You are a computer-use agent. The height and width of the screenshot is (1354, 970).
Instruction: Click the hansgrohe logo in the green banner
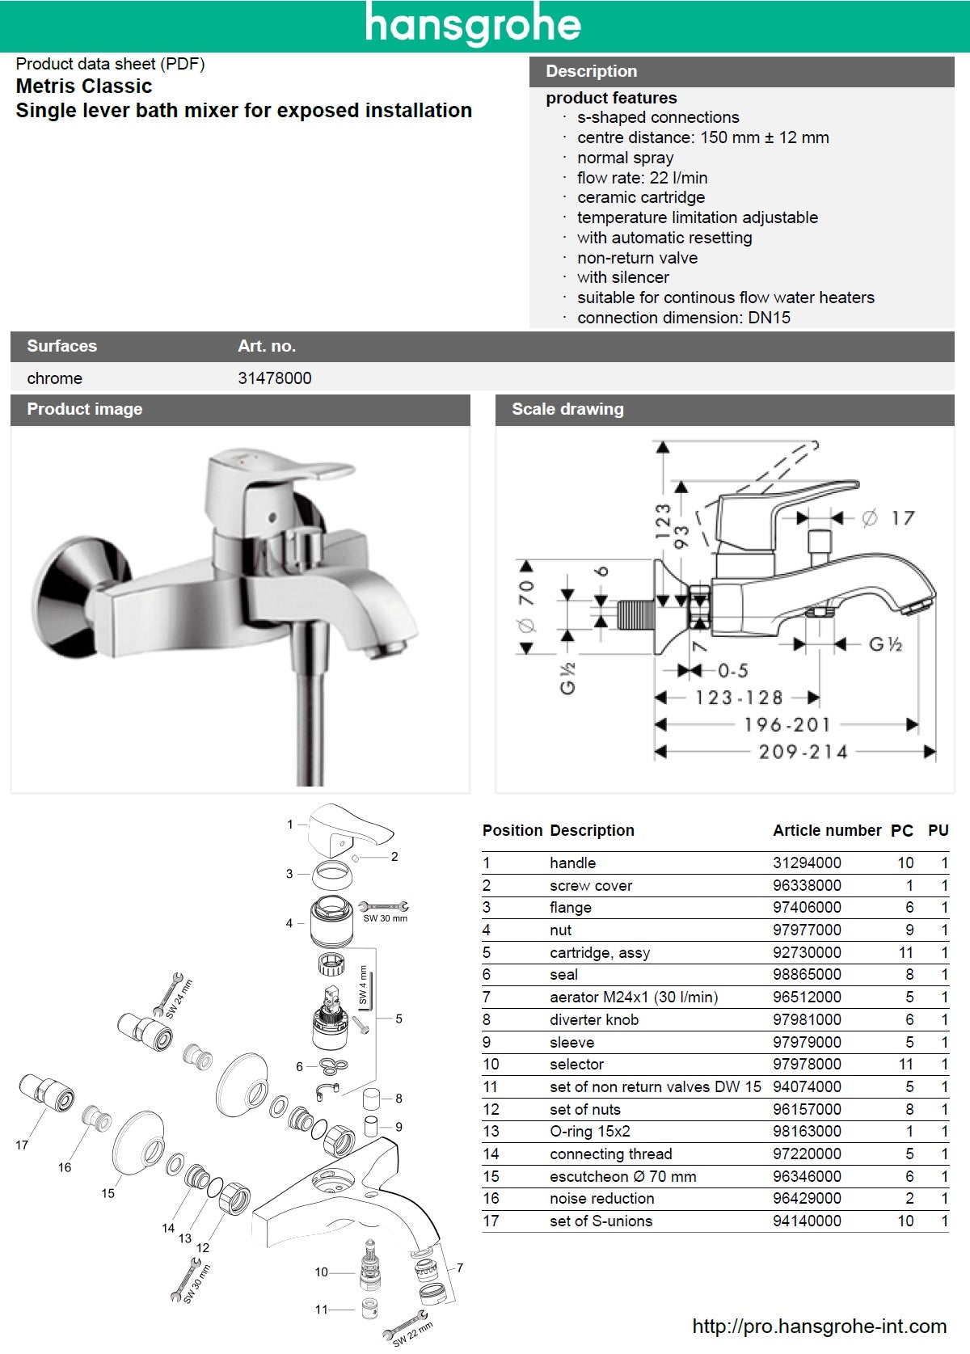pyautogui.click(x=473, y=25)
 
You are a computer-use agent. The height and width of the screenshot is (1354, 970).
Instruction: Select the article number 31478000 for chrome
pyautogui.click(x=274, y=378)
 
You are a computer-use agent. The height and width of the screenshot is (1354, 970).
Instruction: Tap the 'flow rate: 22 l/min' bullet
pyautogui.click(x=642, y=178)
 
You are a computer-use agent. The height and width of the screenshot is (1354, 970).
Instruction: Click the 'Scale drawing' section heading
pyautogui.click(x=567, y=409)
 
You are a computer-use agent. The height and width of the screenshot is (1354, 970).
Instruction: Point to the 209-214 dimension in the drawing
pyautogui.click(x=803, y=752)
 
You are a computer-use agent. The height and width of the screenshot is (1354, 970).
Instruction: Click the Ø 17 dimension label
pyautogui.click(x=888, y=518)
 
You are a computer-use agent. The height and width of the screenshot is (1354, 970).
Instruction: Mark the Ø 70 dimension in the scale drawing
pyautogui.click(x=526, y=606)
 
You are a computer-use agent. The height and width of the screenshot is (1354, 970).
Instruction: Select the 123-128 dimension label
pyautogui.click(x=739, y=698)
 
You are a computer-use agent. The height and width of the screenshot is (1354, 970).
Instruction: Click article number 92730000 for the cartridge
pyautogui.click(x=807, y=952)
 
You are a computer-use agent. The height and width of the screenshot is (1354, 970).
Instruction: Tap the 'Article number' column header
pyautogui.click(x=826, y=830)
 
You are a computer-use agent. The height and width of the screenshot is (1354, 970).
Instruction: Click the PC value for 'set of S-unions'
pyautogui.click(x=905, y=1221)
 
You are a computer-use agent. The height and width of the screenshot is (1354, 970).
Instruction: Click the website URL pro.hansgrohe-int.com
pyautogui.click(x=819, y=1327)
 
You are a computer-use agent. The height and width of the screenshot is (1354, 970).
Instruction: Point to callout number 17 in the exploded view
pyautogui.click(x=22, y=1145)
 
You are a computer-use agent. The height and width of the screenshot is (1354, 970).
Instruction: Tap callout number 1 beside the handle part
pyautogui.click(x=290, y=825)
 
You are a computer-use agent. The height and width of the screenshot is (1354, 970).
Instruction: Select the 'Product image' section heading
pyautogui.click(x=84, y=409)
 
